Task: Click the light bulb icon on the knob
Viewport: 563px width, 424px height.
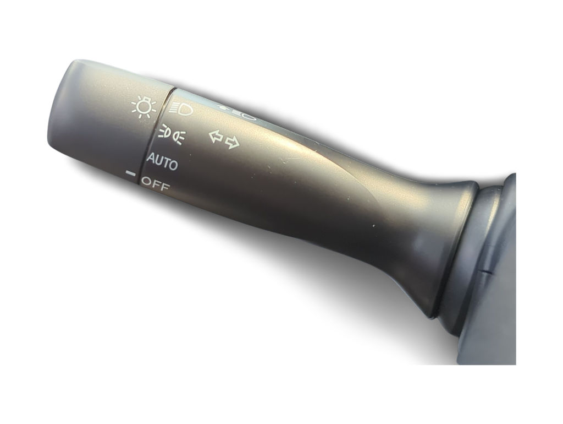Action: (x=143, y=107)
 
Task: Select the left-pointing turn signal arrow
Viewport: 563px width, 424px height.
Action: (x=216, y=137)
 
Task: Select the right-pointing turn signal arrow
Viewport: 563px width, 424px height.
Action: (x=233, y=142)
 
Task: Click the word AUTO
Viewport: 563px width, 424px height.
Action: (x=162, y=161)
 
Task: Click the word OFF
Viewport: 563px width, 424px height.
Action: (x=156, y=183)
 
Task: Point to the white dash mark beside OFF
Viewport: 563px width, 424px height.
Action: (x=131, y=174)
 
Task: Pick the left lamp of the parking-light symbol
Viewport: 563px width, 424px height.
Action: (x=164, y=132)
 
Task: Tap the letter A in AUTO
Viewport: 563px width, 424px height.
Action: (x=151, y=158)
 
